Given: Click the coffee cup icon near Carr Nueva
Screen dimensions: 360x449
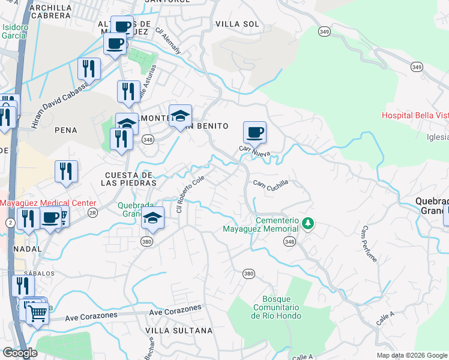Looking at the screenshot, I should pos(255,132).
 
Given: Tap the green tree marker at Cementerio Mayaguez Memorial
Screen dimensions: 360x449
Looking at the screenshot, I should pos(308,223).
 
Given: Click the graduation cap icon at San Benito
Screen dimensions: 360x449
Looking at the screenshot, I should pos(180,116).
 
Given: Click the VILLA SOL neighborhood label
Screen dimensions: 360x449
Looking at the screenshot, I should pos(237,24).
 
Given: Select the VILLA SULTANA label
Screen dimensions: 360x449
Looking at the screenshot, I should pos(179,331).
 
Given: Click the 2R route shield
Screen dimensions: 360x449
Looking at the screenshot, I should pos(92,212).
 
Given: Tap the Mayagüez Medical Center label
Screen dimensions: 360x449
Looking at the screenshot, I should pos(47,203).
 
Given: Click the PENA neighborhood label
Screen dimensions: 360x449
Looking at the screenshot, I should pos(66,130).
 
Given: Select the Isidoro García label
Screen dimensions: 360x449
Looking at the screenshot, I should pos(14,31).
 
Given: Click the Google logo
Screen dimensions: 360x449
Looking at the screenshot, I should pos(20,353).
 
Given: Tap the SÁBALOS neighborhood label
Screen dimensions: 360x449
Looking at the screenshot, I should pos(40,273).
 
